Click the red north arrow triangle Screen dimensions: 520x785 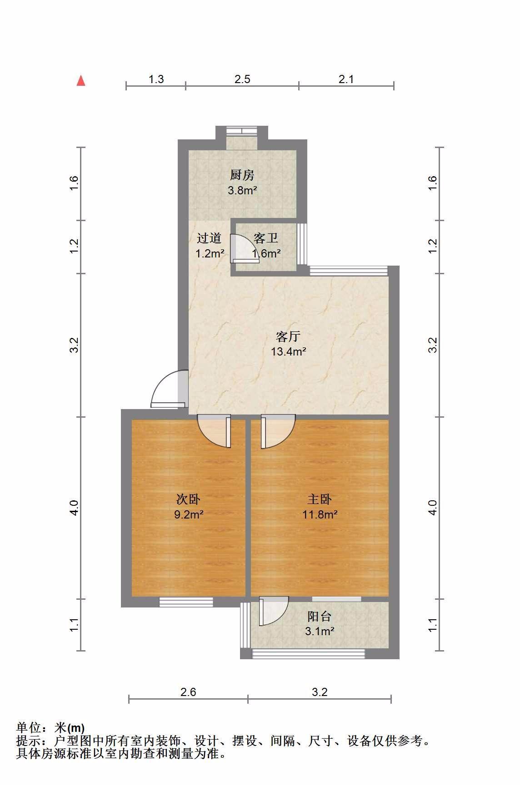coord(81,80)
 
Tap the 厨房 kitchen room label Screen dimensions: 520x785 coord(242,175)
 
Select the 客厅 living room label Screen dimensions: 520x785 coord(288,336)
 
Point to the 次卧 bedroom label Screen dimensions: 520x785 coord(188,499)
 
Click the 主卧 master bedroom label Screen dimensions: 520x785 coord(320,499)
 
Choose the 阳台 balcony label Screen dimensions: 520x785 coord(320,617)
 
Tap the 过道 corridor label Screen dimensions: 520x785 coord(209,238)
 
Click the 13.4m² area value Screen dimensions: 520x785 coord(288,351)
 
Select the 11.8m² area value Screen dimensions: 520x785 coord(320,514)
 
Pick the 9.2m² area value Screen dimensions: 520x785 coord(188,514)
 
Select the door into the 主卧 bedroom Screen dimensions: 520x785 coord(277,431)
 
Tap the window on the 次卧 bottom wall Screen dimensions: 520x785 coord(186,602)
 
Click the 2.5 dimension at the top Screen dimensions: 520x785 coord(242,79)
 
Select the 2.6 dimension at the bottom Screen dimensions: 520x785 coord(188,692)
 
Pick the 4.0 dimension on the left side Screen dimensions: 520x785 coord(75,508)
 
